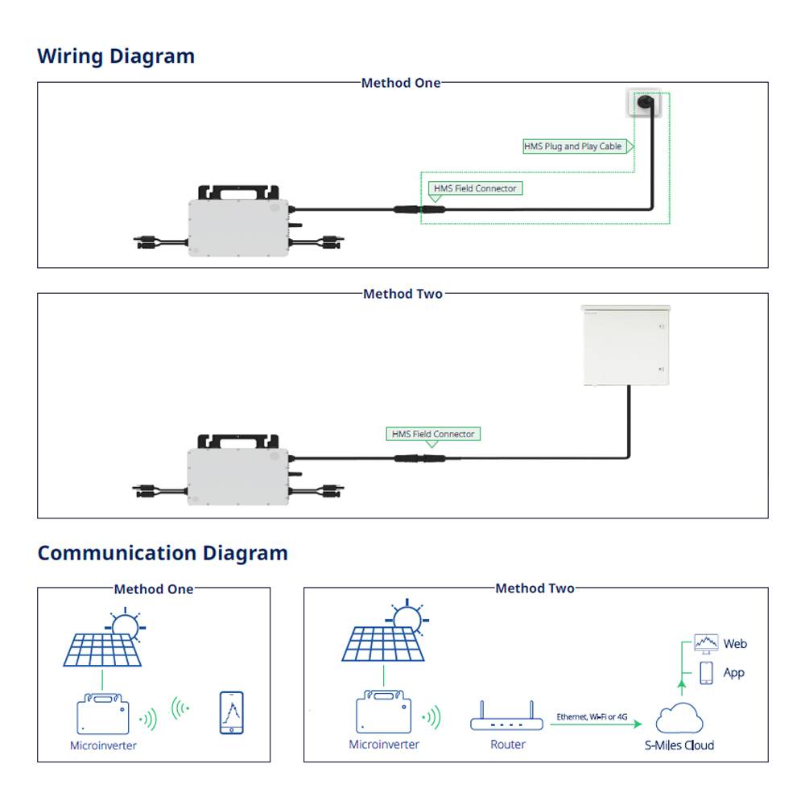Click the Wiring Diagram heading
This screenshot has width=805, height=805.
(x=116, y=56)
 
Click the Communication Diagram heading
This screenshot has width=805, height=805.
(x=163, y=553)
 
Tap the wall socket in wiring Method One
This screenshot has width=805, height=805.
(x=644, y=104)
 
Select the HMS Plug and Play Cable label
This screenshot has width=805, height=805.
(x=573, y=147)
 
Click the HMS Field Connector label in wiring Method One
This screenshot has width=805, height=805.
(x=475, y=188)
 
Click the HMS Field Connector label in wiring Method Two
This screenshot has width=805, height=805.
(x=433, y=434)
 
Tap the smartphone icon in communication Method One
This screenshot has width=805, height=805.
(x=232, y=712)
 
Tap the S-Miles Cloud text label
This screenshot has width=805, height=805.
(x=679, y=745)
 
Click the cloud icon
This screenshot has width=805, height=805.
(x=680, y=716)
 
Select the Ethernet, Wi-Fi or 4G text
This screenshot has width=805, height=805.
(x=592, y=716)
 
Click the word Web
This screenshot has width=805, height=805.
(x=735, y=643)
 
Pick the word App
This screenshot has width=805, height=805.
(x=733, y=672)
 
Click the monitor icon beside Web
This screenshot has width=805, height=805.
(x=706, y=643)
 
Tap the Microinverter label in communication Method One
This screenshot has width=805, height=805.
(x=103, y=745)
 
